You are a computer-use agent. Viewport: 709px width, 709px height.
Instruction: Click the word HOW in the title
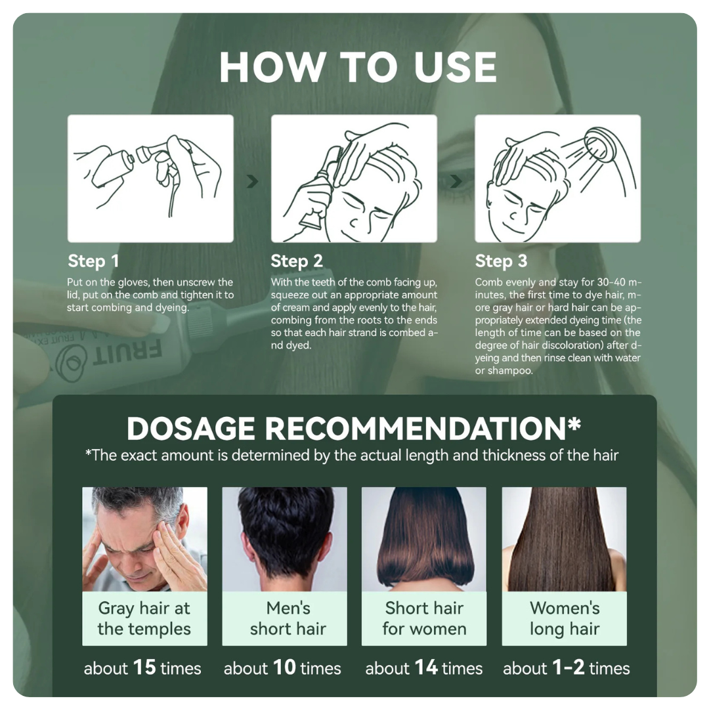pos(272,67)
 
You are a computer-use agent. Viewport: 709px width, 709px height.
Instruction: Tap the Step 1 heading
pos(93,261)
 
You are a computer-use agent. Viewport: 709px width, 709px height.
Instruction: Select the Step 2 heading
pos(297,261)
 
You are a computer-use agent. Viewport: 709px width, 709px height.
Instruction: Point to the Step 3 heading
pos(501,261)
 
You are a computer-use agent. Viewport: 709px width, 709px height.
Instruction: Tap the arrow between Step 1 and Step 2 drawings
pos(252,181)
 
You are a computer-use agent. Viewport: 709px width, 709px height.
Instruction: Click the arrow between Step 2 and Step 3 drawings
pos(456,181)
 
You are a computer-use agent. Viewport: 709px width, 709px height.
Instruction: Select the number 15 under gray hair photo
pos(144,668)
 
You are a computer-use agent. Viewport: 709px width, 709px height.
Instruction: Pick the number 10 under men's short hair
pos(284,668)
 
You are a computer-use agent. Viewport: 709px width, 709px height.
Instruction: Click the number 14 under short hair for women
pos(426,668)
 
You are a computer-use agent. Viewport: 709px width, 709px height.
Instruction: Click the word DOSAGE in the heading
pos(191,428)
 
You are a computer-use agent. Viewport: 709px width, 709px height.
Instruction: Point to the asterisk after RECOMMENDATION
pos(574,423)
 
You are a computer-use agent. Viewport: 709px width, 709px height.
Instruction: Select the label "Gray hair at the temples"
pos(144,618)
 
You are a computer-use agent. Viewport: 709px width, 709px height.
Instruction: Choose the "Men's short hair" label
pos(288,618)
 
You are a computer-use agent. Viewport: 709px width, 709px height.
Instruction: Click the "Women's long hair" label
pos(565,618)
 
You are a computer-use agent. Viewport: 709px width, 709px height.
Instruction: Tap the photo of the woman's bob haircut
pos(424,539)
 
